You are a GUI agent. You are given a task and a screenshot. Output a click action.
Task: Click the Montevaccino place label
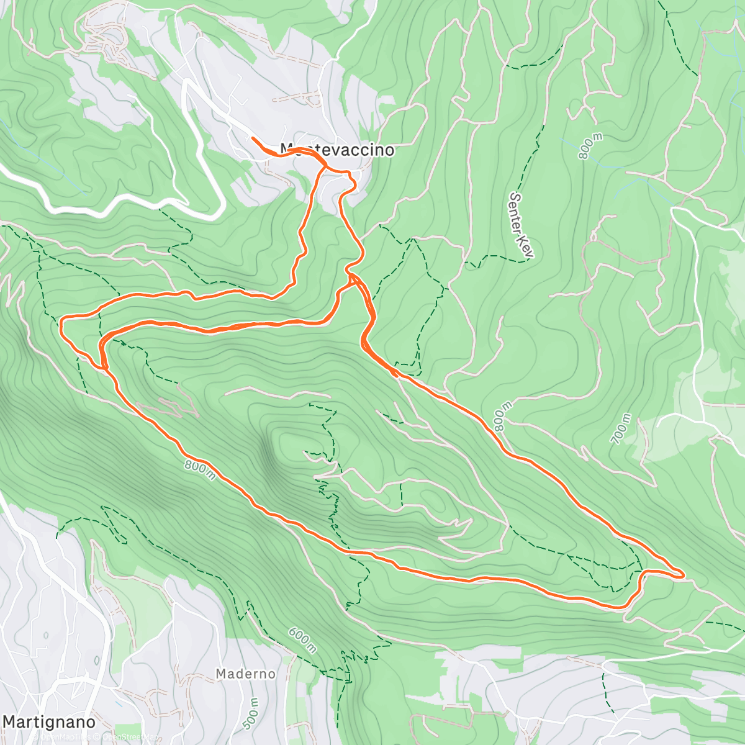click(x=336, y=150)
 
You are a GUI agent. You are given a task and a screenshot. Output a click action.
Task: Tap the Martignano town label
click(x=50, y=722)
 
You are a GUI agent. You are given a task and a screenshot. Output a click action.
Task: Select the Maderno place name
click(x=245, y=673)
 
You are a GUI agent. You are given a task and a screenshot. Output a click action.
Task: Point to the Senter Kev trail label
click(x=520, y=225)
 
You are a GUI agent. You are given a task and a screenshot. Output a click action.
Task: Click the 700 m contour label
click(x=621, y=429)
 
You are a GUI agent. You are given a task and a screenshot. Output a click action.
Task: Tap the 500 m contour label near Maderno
click(x=251, y=713)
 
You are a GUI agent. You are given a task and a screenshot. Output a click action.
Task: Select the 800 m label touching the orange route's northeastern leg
click(x=502, y=422)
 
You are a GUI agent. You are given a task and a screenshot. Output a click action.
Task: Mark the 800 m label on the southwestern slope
click(x=199, y=469)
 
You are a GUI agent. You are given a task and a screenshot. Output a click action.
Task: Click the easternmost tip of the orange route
click(x=684, y=575)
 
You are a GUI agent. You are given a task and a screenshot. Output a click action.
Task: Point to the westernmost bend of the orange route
click(x=61, y=322)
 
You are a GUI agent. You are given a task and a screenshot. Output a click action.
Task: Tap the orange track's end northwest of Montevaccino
click(x=252, y=137)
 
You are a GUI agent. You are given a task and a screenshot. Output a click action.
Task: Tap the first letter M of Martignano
click(x=10, y=722)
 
